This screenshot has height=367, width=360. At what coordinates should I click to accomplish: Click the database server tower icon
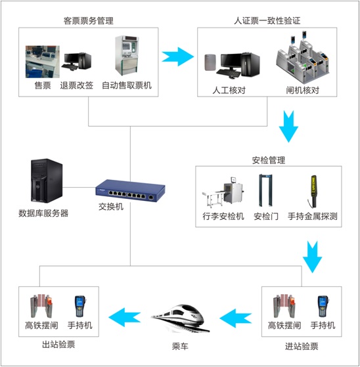pyautogui.click(x=47, y=181)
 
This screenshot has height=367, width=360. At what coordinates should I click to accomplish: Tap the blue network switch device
pyautogui.click(x=130, y=190)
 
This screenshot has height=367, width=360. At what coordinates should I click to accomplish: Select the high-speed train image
pyautogui.click(x=180, y=318)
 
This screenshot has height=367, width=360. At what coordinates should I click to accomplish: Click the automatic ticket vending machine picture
pyautogui.click(x=126, y=55)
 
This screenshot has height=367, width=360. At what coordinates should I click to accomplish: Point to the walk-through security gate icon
pyautogui.click(x=265, y=190)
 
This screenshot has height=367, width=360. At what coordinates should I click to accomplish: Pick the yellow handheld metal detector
pyautogui.click(x=313, y=191)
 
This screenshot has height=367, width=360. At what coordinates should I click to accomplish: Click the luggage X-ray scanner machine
pyautogui.click(x=223, y=192)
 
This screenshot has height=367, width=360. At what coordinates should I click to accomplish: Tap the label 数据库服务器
pyautogui.click(x=43, y=213)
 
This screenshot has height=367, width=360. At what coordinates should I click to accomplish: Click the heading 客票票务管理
pyautogui.click(x=89, y=21)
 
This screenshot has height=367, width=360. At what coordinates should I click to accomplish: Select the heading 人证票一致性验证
pyautogui.click(x=267, y=20)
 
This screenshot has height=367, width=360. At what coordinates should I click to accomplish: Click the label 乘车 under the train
pyautogui.click(x=180, y=346)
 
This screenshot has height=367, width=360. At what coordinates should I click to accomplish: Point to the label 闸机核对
pyautogui.click(x=302, y=90)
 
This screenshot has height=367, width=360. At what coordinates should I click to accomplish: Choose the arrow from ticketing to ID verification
pyautogui.click(x=178, y=56)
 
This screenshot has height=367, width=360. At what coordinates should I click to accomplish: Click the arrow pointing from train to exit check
pyautogui.click(x=125, y=317)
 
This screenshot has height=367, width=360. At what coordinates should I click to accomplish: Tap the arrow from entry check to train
pyautogui.click(x=236, y=318)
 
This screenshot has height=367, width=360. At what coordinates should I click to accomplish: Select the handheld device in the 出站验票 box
pyautogui.click(x=80, y=307)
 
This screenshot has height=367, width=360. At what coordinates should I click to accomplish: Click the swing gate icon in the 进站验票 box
pyautogui.click(x=284, y=306)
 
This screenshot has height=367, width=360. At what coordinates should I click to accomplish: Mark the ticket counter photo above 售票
pyautogui.click(x=43, y=62)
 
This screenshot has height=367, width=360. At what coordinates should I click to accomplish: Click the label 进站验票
pyautogui.click(x=302, y=346)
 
